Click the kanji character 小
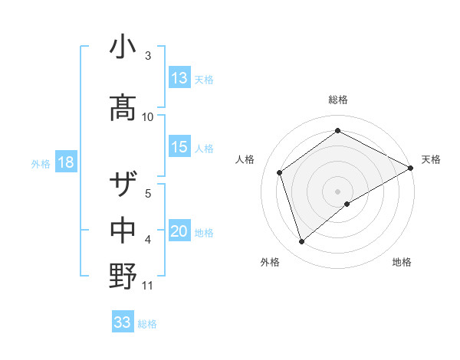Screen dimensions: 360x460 pyautogui.click(x=123, y=47)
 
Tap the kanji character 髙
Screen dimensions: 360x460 pyautogui.click(x=123, y=108)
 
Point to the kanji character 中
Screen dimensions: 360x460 pyautogui.click(x=123, y=230)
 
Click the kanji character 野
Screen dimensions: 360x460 pyautogui.click(x=123, y=275)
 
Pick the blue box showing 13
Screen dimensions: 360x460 pyautogui.click(x=179, y=78)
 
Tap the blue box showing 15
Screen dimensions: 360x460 pyautogui.click(x=179, y=147)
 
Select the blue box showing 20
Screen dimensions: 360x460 pyautogui.click(x=179, y=231)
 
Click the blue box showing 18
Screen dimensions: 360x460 pyautogui.click(x=64, y=162)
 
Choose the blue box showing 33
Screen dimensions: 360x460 pyautogui.click(x=123, y=322)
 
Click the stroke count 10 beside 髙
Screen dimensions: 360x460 pyautogui.click(x=148, y=116)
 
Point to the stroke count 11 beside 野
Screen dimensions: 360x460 pyautogui.click(x=148, y=286)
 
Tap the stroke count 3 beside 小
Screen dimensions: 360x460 pyautogui.click(x=148, y=56)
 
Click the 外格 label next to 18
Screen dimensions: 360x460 pyautogui.click(x=40, y=163)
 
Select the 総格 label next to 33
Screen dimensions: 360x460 pyautogui.click(x=147, y=323)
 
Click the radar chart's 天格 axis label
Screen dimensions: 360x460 pyautogui.click(x=431, y=159)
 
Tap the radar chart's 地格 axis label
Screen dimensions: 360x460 pyautogui.click(x=402, y=262)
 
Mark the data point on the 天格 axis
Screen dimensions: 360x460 pyautogui.click(x=411, y=168)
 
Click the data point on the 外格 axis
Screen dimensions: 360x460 pyautogui.click(x=302, y=242)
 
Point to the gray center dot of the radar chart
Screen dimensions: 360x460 pyautogui.click(x=338, y=190)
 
